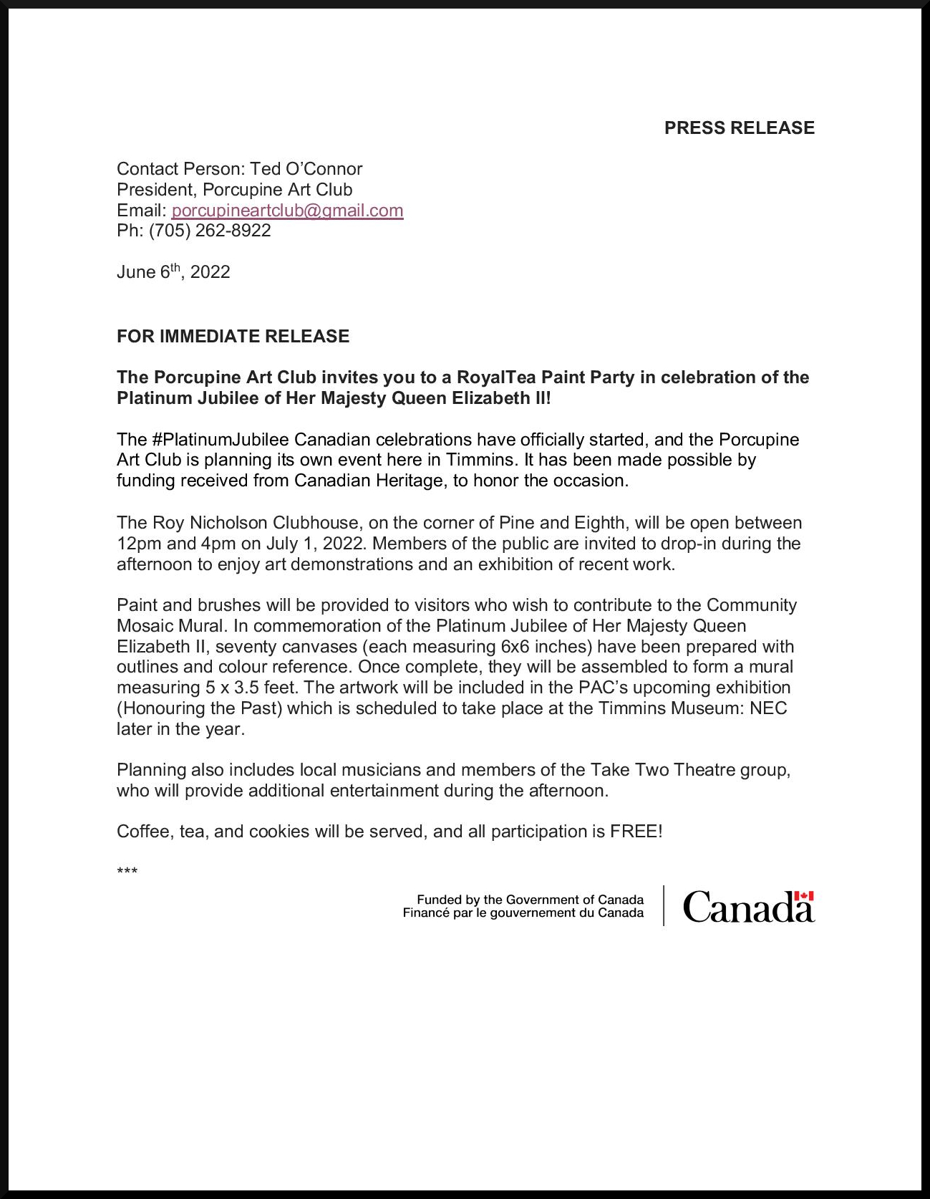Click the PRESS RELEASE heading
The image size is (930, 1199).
[739, 128]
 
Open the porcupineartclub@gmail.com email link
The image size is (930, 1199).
[287, 211]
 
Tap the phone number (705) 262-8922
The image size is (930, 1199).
[210, 231]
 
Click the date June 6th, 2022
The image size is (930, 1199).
[173, 272]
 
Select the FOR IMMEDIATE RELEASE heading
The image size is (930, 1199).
[233, 337]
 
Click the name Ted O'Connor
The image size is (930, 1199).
[306, 169]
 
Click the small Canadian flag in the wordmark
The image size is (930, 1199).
[804, 896]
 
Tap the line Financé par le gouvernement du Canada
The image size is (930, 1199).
[523, 913]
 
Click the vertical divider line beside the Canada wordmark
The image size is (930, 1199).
[664, 906]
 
